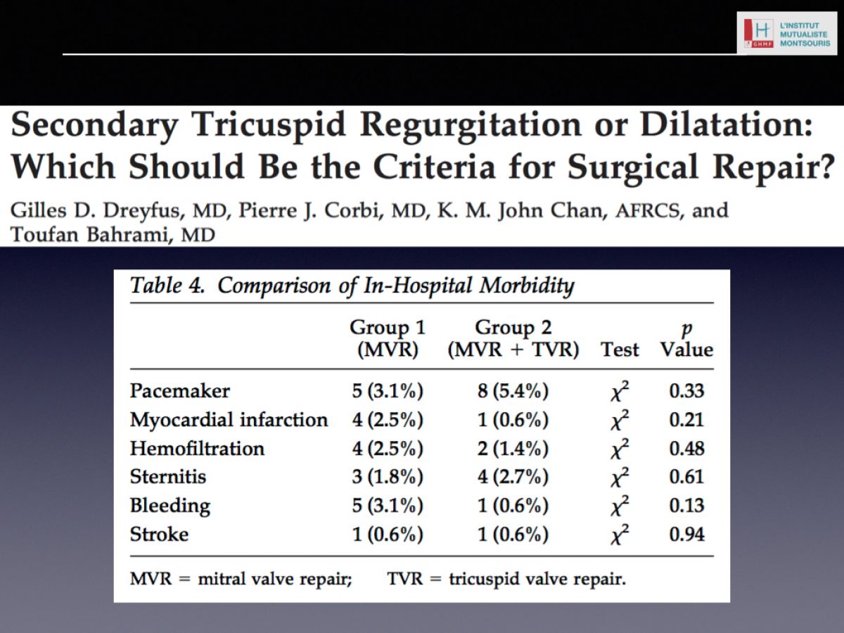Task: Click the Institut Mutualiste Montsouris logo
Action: (787, 34)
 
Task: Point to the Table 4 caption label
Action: (167, 285)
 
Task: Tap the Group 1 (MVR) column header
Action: (388, 338)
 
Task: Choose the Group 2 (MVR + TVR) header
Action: (513, 338)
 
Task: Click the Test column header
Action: (620, 350)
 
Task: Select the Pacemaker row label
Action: (180, 391)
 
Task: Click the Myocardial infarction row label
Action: (229, 419)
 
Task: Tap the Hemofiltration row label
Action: (197, 448)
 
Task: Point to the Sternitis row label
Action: (168, 477)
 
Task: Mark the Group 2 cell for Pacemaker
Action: (513, 391)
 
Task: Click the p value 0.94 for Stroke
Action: (686, 535)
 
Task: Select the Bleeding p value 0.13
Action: (686, 506)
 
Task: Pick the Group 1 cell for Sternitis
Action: (388, 477)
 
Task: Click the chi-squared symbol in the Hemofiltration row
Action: (620, 448)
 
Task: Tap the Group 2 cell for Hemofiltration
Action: (513, 448)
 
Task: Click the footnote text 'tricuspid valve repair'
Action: (537, 579)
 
